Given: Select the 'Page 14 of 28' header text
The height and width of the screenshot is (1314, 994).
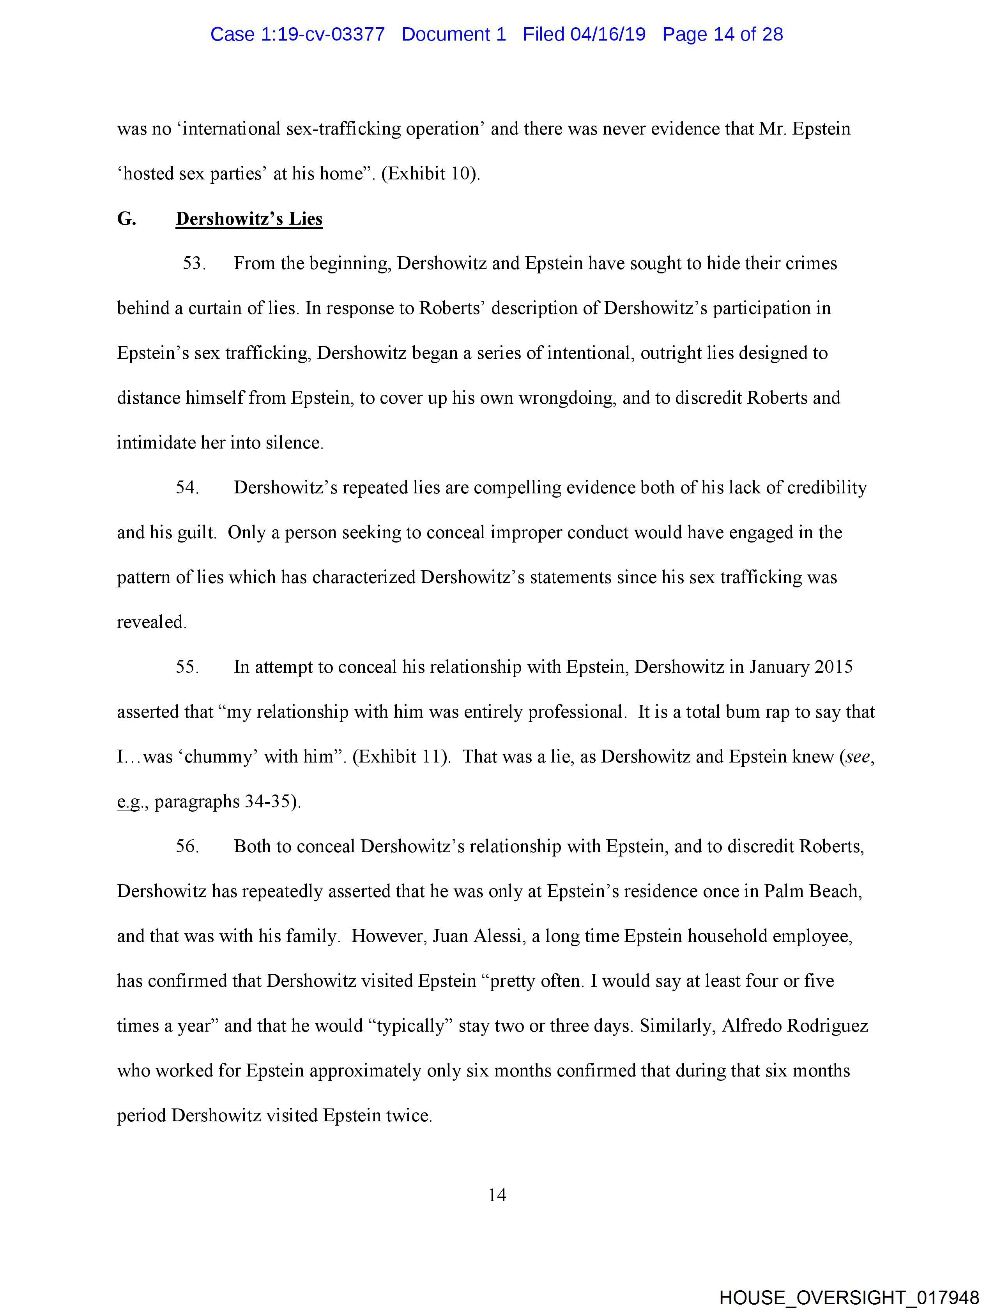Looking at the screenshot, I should tap(723, 34).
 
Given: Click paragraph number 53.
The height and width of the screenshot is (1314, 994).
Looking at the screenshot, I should tap(194, 263).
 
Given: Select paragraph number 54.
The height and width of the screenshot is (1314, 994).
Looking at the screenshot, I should tap(187, 487).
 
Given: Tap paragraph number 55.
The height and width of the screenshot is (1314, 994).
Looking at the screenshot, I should tap(187, 667).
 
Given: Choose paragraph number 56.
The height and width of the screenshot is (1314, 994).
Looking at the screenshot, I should tap(187, 846).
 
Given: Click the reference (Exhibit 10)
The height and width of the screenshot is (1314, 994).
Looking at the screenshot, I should tap(430, 174).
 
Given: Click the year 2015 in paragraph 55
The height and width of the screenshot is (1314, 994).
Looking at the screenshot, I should tap(834, 667).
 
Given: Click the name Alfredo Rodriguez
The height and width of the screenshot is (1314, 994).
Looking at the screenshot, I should tap(794, 1025).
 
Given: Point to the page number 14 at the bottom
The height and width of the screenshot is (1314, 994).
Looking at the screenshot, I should tap(497, 1195).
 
